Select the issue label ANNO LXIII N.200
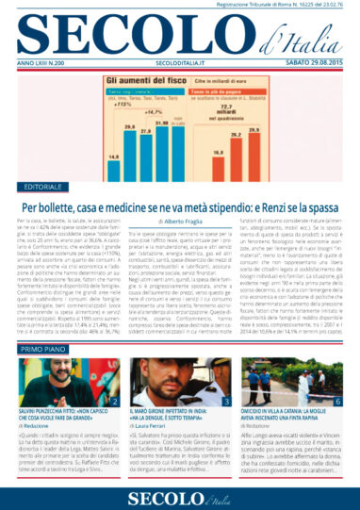pos(47,63)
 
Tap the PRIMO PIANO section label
pos(43,348)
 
